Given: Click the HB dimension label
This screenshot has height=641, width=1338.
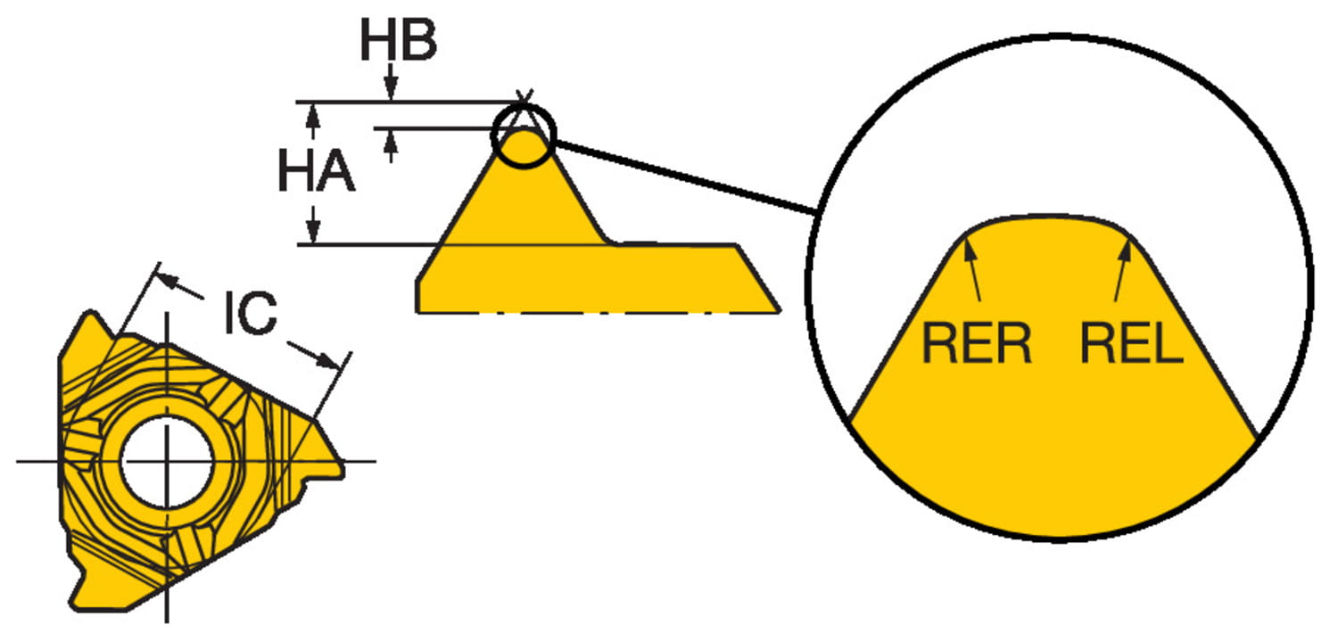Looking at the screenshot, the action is tap(399, 40).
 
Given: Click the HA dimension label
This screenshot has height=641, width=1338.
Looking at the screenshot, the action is tap(316, 171).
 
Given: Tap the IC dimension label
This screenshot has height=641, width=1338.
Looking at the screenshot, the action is tap(251, 312).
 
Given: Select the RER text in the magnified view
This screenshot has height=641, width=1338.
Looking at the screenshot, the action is tap(977, 342).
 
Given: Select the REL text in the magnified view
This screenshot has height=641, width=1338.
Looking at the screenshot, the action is tap(1132, 342).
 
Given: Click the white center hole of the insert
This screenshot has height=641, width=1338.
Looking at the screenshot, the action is tap(167, 461).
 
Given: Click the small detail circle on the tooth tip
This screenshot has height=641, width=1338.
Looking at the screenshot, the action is tap(524, 136).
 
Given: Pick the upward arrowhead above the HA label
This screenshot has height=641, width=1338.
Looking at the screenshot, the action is tap(311, 115).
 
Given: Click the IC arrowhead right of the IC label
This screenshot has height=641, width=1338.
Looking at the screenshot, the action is tap(327, 360).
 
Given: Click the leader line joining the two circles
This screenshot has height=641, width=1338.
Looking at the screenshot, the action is tap(686, 177).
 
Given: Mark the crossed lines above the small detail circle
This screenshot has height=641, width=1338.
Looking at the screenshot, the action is tap(524, 98).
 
